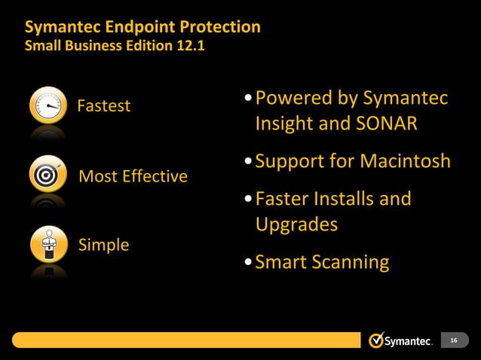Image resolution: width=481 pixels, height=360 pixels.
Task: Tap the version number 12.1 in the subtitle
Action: coord(188,46)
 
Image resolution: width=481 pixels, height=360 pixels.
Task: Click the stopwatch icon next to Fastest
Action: coord(48,106)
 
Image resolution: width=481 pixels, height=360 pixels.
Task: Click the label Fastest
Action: coord(104,106)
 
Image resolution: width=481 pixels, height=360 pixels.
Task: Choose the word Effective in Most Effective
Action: coord(154,176)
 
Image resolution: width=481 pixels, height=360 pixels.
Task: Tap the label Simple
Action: coord(103,245)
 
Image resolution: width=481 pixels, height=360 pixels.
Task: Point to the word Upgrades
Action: coord(296,224)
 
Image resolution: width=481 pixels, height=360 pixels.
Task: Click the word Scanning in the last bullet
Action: coord(351,262)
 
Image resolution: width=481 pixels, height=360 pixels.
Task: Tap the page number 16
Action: coord(453,341)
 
